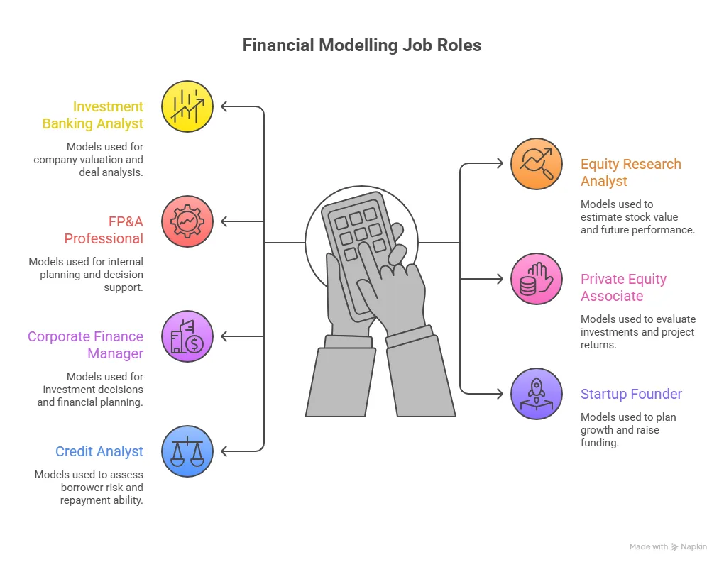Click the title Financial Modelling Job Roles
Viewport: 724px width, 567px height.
[361, 45]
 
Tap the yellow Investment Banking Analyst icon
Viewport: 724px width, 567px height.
[187, 106]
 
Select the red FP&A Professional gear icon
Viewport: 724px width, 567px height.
[187, 221]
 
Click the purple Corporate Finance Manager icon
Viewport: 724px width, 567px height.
[187, 336]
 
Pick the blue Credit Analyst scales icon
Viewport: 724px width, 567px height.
[187, 451]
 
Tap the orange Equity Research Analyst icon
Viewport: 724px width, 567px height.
[537, 164]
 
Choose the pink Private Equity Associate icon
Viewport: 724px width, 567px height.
[537, 279]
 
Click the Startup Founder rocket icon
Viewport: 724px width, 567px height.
[537, 394]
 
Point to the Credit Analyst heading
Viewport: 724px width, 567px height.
[99, 451]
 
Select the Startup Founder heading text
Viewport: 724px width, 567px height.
[631, 394]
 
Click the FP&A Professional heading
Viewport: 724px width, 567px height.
[104, 230]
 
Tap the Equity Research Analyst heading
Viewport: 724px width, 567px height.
[630, 172]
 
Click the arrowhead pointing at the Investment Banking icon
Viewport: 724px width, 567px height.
[225, 106]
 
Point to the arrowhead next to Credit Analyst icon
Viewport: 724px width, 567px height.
[225, 451]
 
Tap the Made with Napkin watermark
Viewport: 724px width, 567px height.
[668, 546]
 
